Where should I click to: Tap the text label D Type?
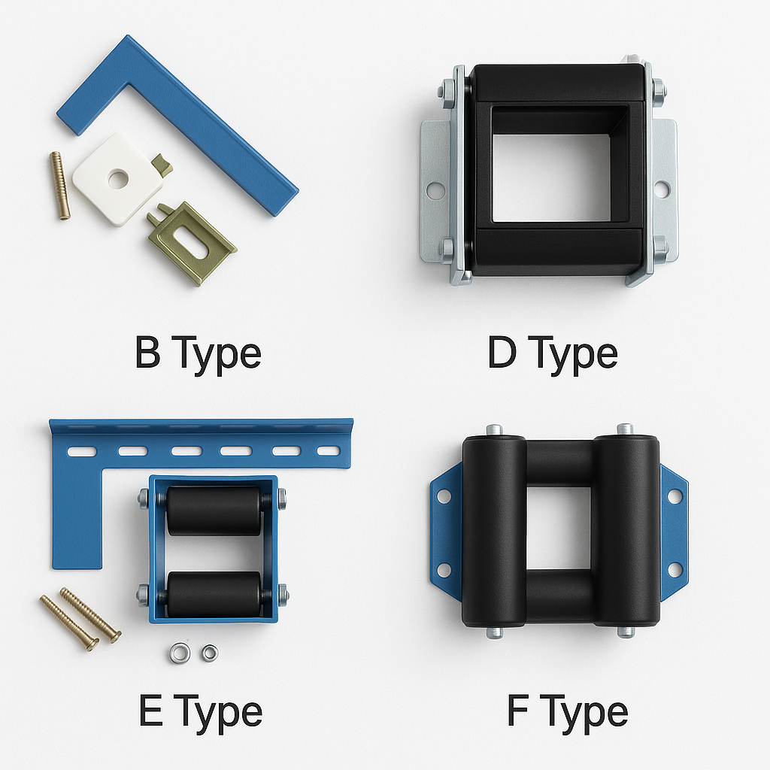(x=553, y=355)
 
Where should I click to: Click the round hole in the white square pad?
(x=118, y=179)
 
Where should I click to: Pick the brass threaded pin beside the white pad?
(x=60, y=186)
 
